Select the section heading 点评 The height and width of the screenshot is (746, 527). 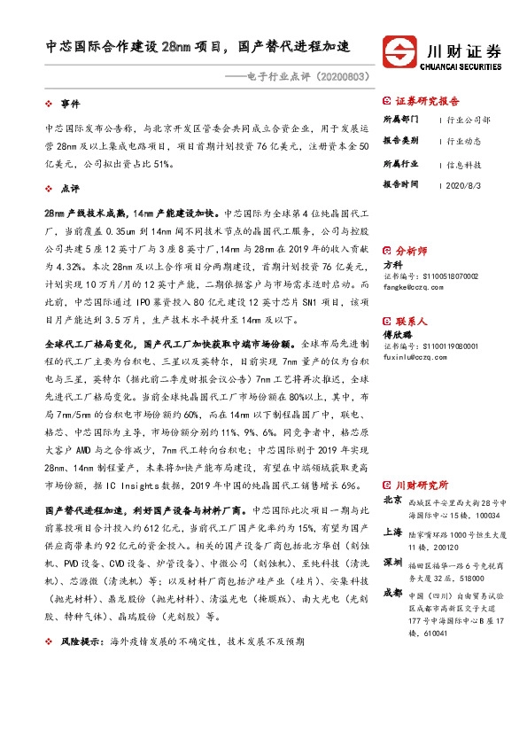(x=70, y=189)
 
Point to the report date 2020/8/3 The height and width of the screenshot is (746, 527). (x=463, y=185)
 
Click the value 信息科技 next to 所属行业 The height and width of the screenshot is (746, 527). (x=463, y=164)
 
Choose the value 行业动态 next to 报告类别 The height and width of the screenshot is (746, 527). (x=463, y=141)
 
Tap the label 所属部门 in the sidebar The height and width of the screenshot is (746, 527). (x=399, y=119)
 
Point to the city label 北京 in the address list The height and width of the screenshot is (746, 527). (x=391, y=500)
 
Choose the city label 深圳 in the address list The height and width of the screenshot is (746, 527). (x=391, y=563)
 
